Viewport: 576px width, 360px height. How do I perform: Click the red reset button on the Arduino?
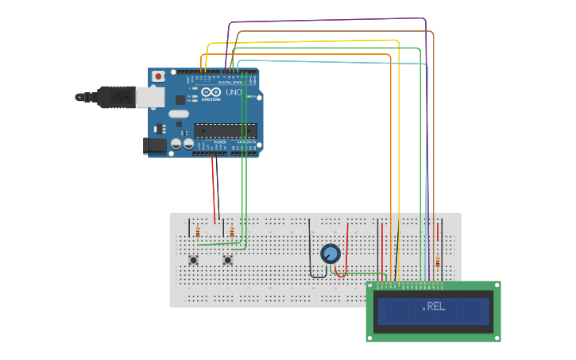[158, 76]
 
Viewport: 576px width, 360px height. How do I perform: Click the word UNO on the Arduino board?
[234, 93]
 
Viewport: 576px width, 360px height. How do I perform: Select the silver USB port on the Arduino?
[150, 97]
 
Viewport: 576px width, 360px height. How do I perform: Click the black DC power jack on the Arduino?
[153, 145]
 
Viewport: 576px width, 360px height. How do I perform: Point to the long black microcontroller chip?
[226, 131]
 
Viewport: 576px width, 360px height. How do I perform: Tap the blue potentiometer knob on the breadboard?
[331, 254]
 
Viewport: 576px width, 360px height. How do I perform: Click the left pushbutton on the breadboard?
[193, 260]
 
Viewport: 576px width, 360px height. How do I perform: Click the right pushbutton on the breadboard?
[227, 260]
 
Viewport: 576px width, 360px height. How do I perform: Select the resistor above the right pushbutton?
[231, 232]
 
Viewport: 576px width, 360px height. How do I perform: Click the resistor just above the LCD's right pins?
[437, 262]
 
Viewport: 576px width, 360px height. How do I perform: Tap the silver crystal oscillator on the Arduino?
[179, 114]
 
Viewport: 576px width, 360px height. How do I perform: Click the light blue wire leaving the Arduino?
[334, 61]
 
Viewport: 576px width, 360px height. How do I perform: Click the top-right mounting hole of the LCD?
[496, 286]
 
